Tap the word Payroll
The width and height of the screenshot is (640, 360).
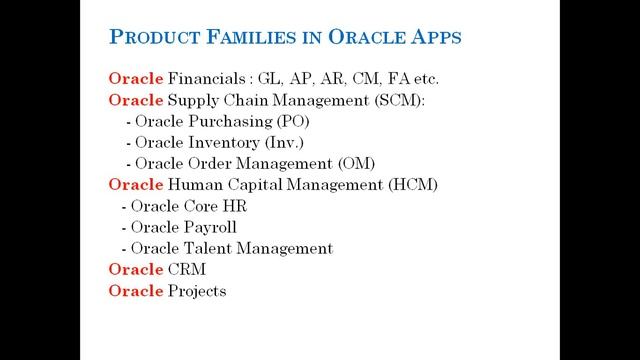pos(210,227)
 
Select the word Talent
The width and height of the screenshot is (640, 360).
pos(206,248)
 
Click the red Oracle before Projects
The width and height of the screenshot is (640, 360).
pos(133,291)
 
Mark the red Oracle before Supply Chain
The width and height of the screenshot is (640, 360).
pos(133,100)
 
